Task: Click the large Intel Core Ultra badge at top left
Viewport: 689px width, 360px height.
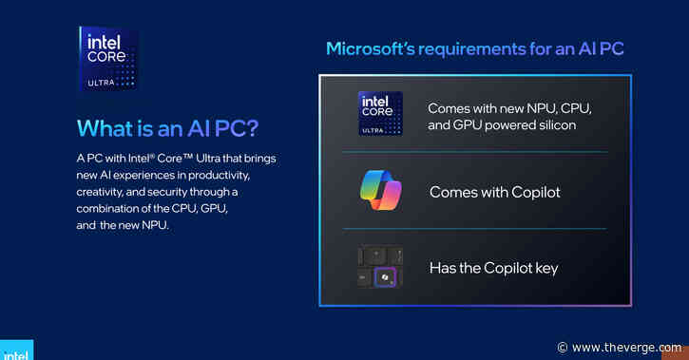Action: point(107,59)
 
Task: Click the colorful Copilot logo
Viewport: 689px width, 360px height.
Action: point(380,191)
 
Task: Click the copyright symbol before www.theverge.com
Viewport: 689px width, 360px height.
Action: point(563,348)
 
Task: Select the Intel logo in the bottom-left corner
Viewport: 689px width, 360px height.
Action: point(15,351)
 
